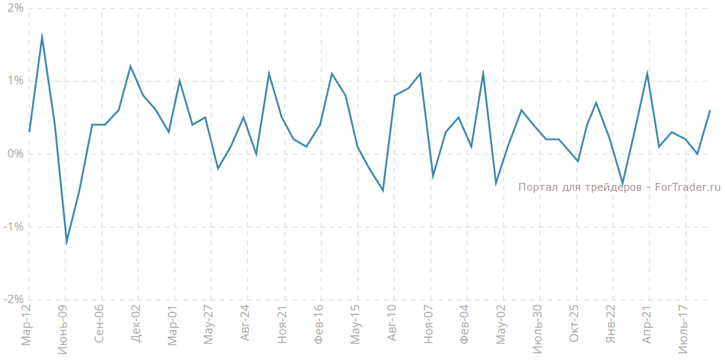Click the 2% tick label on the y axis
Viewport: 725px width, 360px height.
pyautogui.click(x=14, y=8)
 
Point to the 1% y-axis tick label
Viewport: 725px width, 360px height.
pyautogui.click(x=14, y=81)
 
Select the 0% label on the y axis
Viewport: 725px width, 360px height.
pyautogui.click(x=14, y=154)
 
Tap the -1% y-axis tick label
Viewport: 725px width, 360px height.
pyautogui.click(x=13, y=227)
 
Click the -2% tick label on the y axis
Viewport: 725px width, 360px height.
pyautogui.click(x=13, y=299)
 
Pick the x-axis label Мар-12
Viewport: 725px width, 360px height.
pyautogui.click(x=27, y=325)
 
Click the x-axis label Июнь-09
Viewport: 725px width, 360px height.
pyautogui.click(x=63, y=329)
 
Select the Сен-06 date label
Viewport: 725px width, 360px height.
pyautogui.click(x=99, y=324)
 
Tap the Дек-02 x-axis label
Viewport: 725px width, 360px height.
pyautogui.click(x=136, y=325)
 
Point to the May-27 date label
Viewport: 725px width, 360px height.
pyautogui.click(x=209, y=325)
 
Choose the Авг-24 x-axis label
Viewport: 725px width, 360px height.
pyautogui.click(x=246, y=324)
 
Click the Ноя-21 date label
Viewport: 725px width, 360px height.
pyautogui.click(x=282, y=325)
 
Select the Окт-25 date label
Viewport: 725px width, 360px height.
pyautogui.click(x=574, y=324)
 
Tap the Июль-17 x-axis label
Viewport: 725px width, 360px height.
pyautogui.click(x=683, y=329)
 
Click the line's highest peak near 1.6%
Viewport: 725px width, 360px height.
pyautogui.click(x=42, y=36)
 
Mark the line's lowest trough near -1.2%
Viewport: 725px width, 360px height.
pyautogui.click(x=67, y=242)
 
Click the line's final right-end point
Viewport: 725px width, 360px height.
pyautogui.click(x=709, y=110)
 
